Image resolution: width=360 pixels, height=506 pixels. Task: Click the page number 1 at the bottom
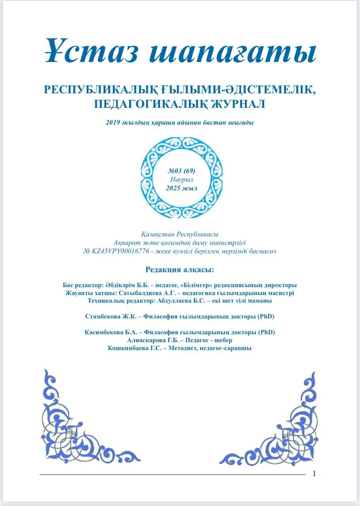314,474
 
